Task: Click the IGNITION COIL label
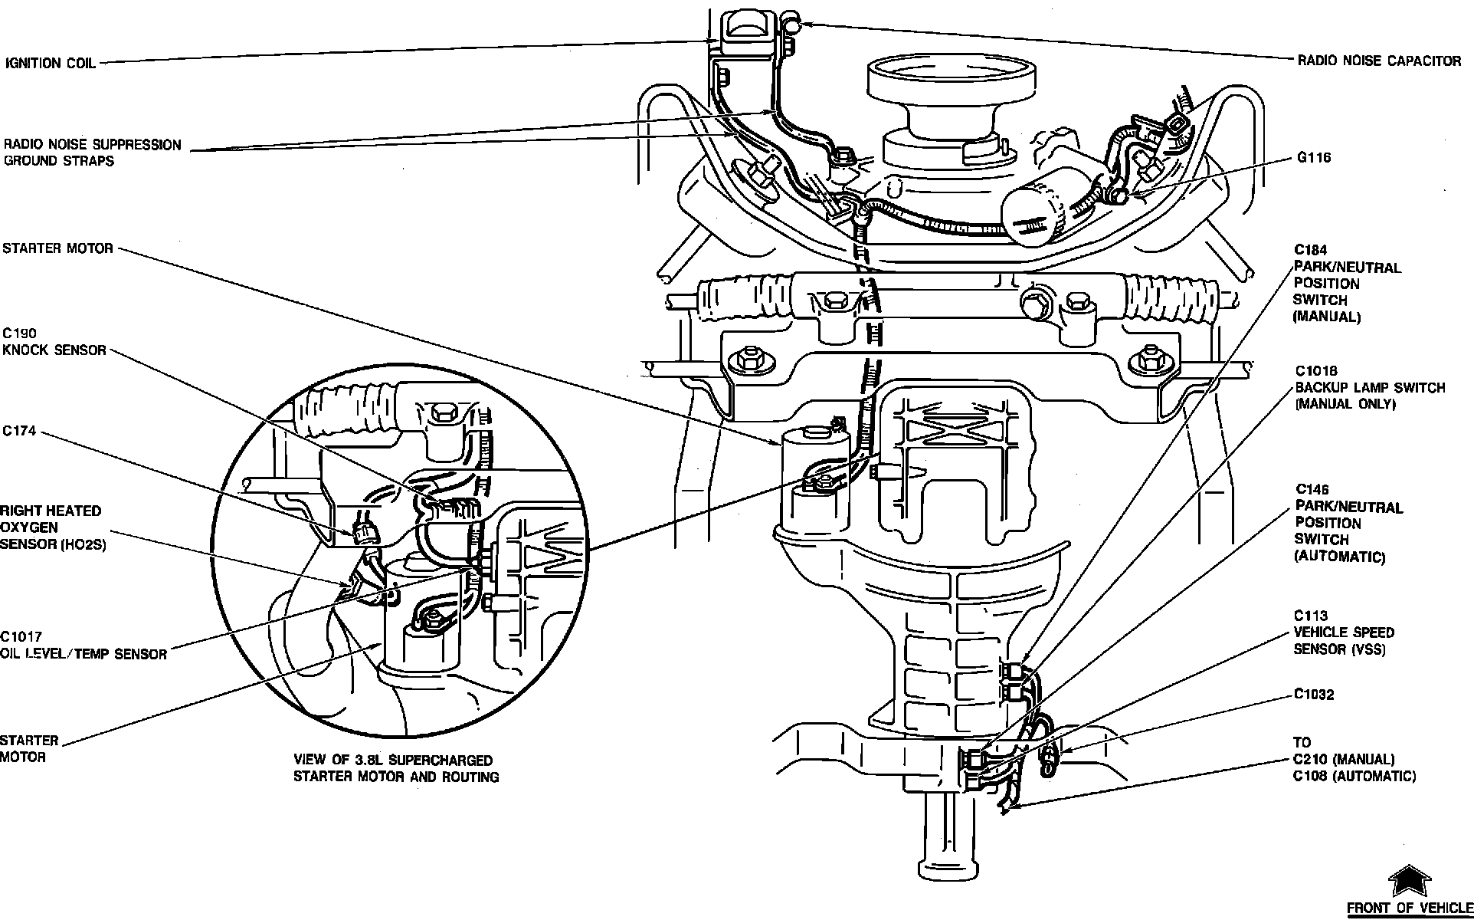[51, 64]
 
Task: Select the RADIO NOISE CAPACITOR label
[1378, 61]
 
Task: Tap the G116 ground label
[1313, 158]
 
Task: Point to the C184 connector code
[1310, 250]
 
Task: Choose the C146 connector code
[1312, 490]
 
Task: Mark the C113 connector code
[1310, 616]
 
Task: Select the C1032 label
[1314, 695]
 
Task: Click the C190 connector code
[19, 333]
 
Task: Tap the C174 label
[19, 432]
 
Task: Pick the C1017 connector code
[21, 637]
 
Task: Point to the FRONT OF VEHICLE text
[1409, 909]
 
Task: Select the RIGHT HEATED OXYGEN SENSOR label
[52, 527]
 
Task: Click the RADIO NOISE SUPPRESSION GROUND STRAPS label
[92, 153]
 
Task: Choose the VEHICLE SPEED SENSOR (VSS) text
[1344, 641]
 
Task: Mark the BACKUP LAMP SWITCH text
[1370, 388]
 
